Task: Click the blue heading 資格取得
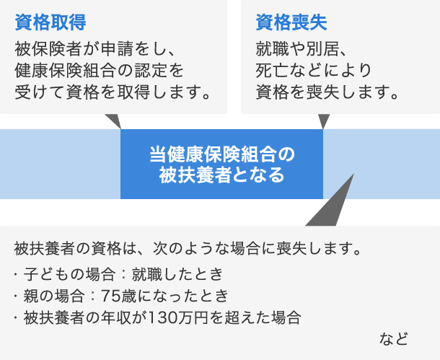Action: pos(50,22)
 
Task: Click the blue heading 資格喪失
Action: pos(291,22)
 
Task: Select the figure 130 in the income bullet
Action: pos(161,318)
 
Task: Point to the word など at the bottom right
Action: pos(393,338)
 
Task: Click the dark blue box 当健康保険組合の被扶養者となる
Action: pos(221,164)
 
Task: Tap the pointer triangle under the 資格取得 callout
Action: pos(113,121)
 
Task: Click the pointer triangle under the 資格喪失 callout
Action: pos(324,121)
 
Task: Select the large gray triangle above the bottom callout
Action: pos(330,204)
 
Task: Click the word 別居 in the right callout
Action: pos(322,49)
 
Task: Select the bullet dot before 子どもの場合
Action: pos(16,273)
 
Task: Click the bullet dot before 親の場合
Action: pos(16,296)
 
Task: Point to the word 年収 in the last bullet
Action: pos(116,318)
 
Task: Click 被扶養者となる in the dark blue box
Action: pos(221,175)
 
